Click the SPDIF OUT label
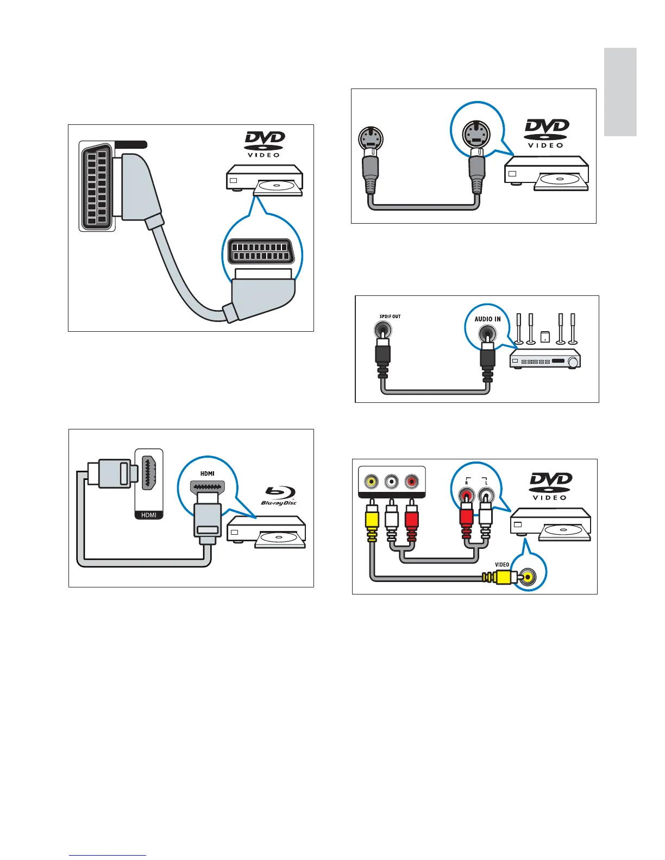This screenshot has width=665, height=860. [390, 316]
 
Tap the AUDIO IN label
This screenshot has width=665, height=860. [487, 319]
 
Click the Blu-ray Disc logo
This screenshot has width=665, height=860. [279, 495]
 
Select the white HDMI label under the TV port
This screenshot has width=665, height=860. [149, 515]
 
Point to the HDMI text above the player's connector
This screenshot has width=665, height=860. [208, 473]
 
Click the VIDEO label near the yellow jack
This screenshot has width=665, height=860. [502, 565]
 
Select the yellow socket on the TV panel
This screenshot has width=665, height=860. [371, 482]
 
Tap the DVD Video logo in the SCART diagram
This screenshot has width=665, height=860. [264, 143]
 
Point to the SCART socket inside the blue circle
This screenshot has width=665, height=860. [262, 251]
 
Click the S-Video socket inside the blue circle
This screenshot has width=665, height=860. [476, 132]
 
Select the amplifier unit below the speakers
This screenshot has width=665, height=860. [545, 359]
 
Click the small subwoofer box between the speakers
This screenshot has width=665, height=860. [544, 336]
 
